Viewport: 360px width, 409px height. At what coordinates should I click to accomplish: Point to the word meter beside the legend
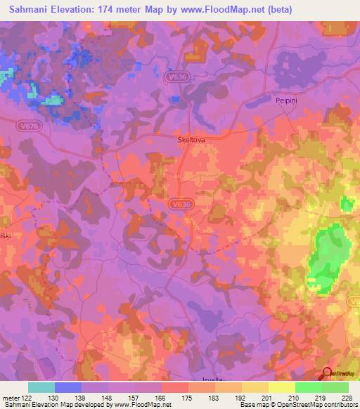click(11, 398)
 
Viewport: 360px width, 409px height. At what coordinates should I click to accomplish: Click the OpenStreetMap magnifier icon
click(326, 373)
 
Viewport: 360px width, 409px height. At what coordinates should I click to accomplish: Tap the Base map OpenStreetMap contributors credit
click(298, 405)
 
